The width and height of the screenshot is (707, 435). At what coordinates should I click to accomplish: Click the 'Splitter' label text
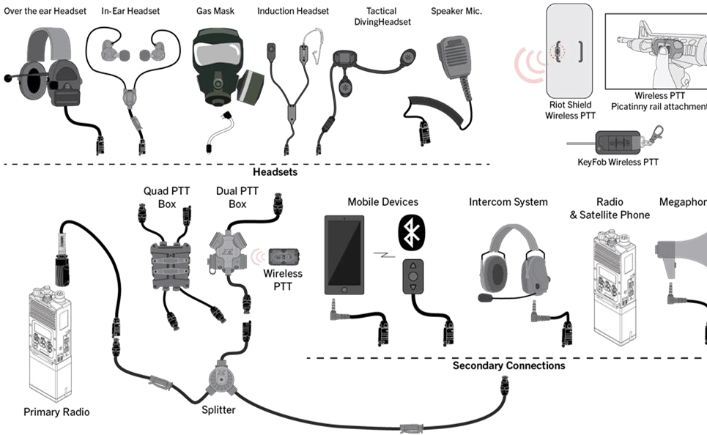218,410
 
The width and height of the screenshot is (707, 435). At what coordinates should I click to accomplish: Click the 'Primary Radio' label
56,412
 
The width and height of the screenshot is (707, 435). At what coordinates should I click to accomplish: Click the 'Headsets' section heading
275,172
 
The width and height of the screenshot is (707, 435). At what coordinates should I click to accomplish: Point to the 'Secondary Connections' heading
498,365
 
